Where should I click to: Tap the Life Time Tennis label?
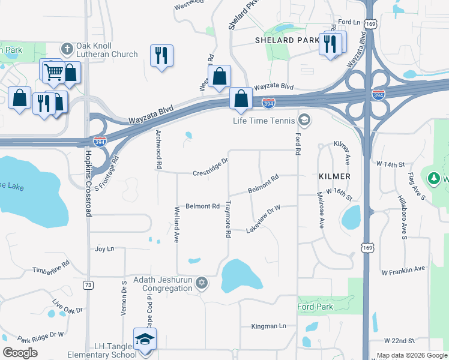click(265, 121)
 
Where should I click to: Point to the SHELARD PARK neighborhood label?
click(286, 40)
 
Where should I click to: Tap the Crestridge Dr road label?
click(211, 168)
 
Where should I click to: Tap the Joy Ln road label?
click(104, 248)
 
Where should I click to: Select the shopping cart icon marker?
click(54, 72)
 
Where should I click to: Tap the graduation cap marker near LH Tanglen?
click(144, 340)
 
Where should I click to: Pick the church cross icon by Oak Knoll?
click(67, 47)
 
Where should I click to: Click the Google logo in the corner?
click(20, 353)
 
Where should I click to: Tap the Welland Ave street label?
click(177, 216)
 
